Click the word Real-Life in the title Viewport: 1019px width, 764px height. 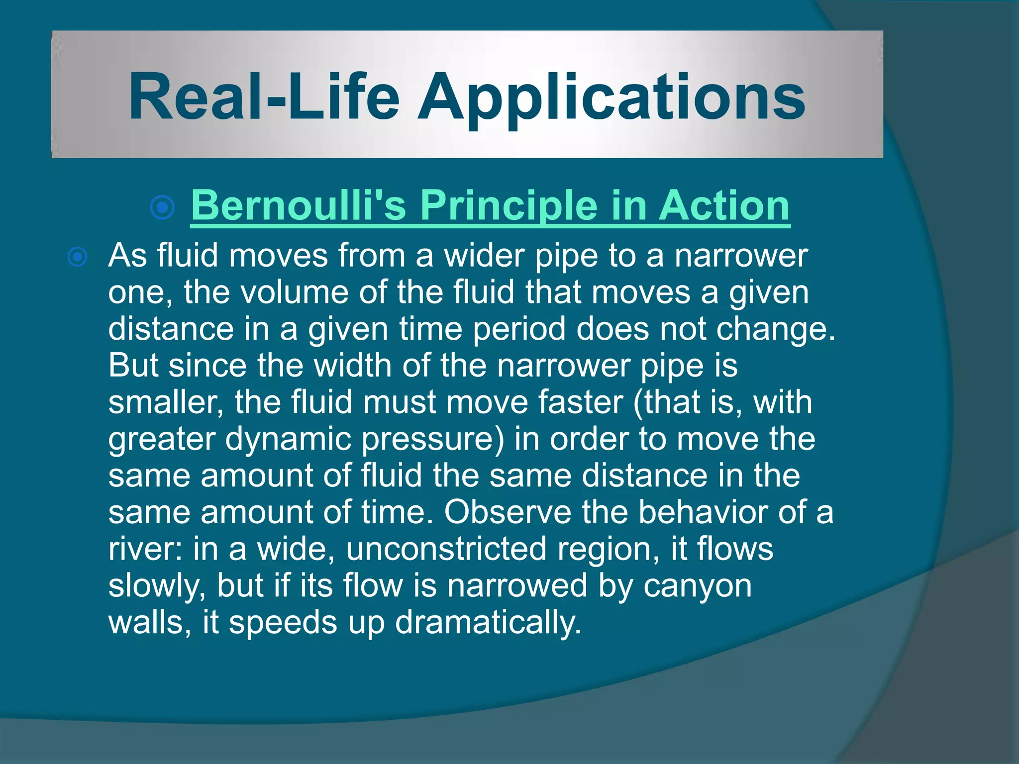[264, 97]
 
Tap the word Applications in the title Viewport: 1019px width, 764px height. [611, 97]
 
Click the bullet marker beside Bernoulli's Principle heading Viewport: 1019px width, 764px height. [162, 207]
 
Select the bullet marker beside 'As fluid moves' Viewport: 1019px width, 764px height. [78, 257]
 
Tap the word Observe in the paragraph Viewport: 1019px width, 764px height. [508, 512]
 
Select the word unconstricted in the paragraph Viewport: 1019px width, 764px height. [446, 549]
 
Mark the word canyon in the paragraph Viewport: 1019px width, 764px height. [698, 586]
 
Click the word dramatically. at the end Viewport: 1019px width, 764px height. [488, 623]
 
